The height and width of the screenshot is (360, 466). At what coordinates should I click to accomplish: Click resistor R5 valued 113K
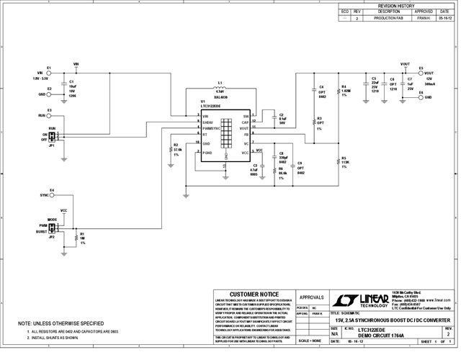337,161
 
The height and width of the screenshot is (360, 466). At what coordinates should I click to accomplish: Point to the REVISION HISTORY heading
396,6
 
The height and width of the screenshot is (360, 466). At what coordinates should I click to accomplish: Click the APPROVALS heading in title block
311,296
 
